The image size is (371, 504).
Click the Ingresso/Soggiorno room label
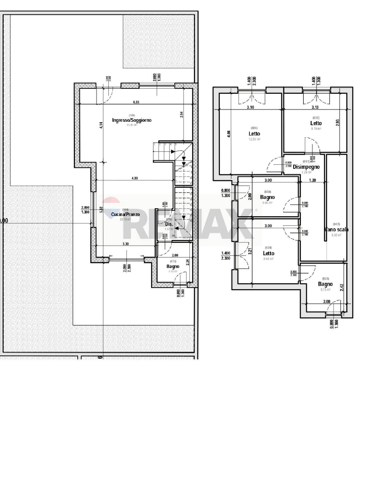pos(132,120)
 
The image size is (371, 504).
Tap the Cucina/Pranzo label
pos(125,214)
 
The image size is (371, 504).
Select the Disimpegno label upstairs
pos(306,167)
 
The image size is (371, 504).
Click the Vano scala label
pos(336,229)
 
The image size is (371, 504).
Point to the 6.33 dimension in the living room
pos(136,102)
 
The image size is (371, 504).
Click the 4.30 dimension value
pos(134,178)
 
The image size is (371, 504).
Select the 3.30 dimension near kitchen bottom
pos(126,244)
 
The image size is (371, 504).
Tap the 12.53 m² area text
pos(254,139)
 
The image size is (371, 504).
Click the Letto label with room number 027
pos(316,123)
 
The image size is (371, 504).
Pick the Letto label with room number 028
pos(269,253)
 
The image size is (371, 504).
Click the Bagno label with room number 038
pos(267,197)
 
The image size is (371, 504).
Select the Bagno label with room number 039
pos(325,284)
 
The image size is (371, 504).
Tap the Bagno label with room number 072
pos(173,266)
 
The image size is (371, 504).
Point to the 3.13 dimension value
pos(315,107)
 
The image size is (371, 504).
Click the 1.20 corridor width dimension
pos(312,180)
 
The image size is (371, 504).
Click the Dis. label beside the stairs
pos(169,224)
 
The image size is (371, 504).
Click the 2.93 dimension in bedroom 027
pos(338,123)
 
